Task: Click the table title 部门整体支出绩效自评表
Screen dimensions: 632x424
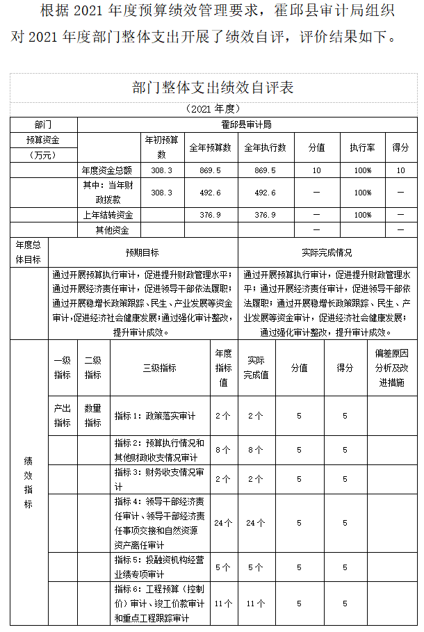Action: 213,88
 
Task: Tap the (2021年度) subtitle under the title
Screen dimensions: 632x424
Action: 213,108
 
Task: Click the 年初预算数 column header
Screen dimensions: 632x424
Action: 161,147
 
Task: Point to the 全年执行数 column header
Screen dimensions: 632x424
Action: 265,147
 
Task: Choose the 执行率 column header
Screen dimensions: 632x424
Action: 362,147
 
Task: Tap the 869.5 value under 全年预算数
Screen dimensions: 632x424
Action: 210,170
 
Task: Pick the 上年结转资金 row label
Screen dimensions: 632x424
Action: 108,216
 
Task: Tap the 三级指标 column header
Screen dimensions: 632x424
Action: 159,368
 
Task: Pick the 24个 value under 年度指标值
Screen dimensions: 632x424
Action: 223,523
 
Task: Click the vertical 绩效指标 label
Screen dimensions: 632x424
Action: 28,483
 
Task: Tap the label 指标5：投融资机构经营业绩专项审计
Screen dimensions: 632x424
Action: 159,567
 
